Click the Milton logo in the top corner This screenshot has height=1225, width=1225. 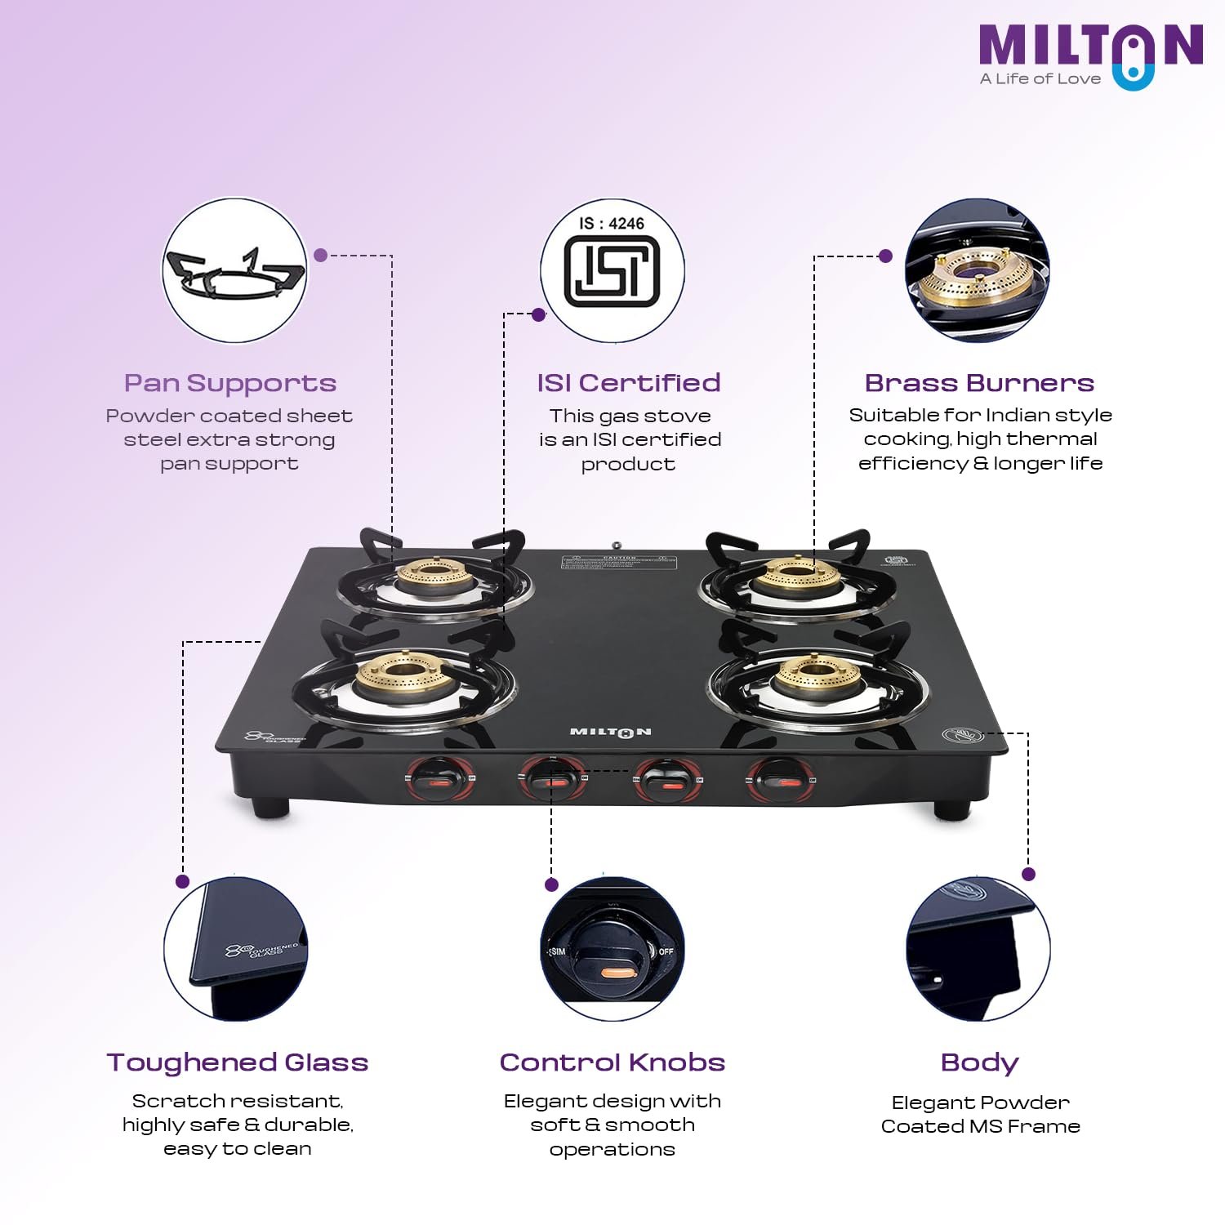[x=1090, y=49]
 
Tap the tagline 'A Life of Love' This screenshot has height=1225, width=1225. [x=1040, y=79]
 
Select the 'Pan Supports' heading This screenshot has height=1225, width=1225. [x=230, y=383]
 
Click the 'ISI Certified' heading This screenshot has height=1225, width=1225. [x=628, y=383]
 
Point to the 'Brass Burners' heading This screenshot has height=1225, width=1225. [x=979, y=383]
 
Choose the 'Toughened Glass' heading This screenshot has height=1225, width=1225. [x=238, y=1062]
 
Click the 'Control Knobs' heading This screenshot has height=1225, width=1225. [x=612, y=1062]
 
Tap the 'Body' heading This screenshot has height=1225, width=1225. [x=979, y=1062]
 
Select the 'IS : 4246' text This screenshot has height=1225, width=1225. [x=612, y=223]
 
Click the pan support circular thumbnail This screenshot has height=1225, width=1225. [x=234, y=271]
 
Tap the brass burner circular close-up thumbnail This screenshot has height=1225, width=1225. [x=977, y=271]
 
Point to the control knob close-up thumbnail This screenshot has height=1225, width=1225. [x=612, y=950]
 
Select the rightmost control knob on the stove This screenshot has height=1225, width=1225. [x=781, y=781]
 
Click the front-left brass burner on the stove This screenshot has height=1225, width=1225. [x=402, y=675]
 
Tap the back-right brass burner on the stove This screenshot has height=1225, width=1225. [x=795, y=577]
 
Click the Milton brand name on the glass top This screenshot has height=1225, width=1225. [x=611, y=732]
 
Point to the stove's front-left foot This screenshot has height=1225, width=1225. [x=270, y=808]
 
